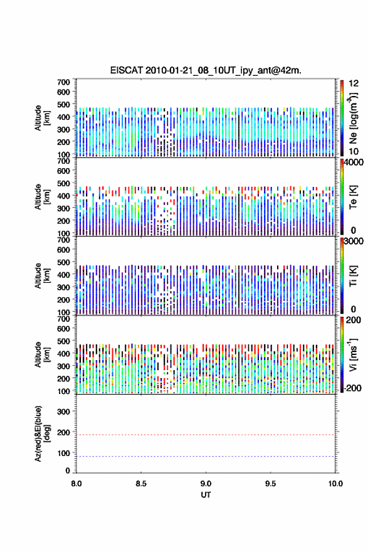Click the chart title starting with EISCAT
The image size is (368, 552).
click(206, 70)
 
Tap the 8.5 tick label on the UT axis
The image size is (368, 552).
click(141, 484)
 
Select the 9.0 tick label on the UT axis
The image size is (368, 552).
click(206, 484)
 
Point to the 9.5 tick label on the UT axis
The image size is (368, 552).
click(271, 484)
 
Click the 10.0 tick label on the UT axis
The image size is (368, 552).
click(335, 484)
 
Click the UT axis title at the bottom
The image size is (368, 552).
click(206, 495)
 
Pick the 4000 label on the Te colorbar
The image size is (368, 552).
click(354, 162)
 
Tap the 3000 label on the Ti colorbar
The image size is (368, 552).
click(354, 241)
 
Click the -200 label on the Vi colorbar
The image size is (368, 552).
click(352, 388)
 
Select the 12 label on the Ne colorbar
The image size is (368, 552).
click(354, 83)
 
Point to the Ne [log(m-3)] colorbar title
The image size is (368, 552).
click(353, 118)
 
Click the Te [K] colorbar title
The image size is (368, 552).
click(353, 197)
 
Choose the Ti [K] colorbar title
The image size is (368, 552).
click(353, 276)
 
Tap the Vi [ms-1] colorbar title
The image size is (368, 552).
click(353, 355)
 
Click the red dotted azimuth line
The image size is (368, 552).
click(206, 435)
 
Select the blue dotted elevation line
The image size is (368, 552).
click(206, 456)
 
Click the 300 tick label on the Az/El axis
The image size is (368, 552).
click(64, 411)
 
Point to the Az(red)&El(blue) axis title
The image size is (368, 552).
click(43, 433)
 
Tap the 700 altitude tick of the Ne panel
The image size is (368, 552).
click(64, 82)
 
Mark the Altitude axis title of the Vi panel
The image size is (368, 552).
click(43, 354)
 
